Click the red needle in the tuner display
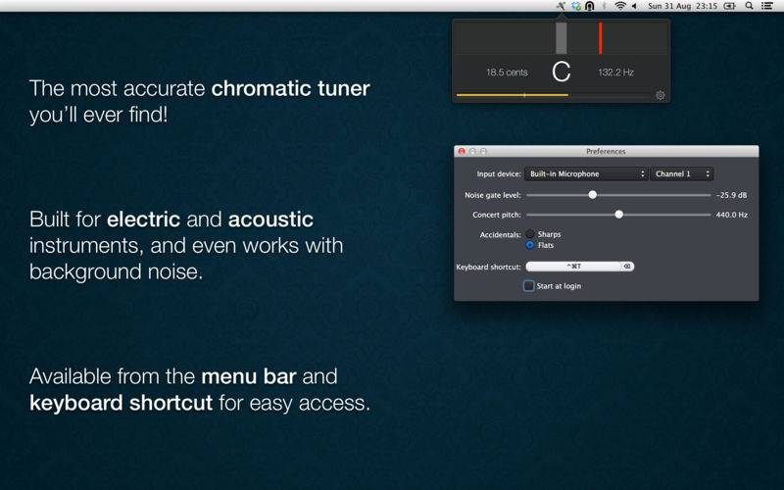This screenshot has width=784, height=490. click(601, 38)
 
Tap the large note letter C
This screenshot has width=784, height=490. click(561, 72)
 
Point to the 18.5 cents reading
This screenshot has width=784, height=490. click(507, 72)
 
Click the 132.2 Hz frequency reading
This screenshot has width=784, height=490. click(616, 72)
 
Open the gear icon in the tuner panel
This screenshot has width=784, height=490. click(660, 95)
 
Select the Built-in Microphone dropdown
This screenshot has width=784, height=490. click(585, 174)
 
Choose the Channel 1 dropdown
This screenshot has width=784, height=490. click(681, 174)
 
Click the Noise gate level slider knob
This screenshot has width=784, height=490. click(593, 194)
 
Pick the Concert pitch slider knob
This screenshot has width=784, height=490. click(619, 215)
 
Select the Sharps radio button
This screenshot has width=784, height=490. click(530, 234)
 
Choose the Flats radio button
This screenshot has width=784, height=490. click(530, 245)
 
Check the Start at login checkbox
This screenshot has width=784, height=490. click(528, 286)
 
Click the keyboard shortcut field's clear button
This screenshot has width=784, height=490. click(627, 267)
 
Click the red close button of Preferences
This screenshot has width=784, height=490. click(462, 151)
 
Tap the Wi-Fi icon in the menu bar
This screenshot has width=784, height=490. click(620, 6)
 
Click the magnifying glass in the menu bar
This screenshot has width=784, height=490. click(749, 6)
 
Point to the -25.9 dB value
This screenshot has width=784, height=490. click(731, 195)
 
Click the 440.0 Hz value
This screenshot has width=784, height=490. click(732, 215)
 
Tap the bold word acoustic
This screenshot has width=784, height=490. click(270, 220)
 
